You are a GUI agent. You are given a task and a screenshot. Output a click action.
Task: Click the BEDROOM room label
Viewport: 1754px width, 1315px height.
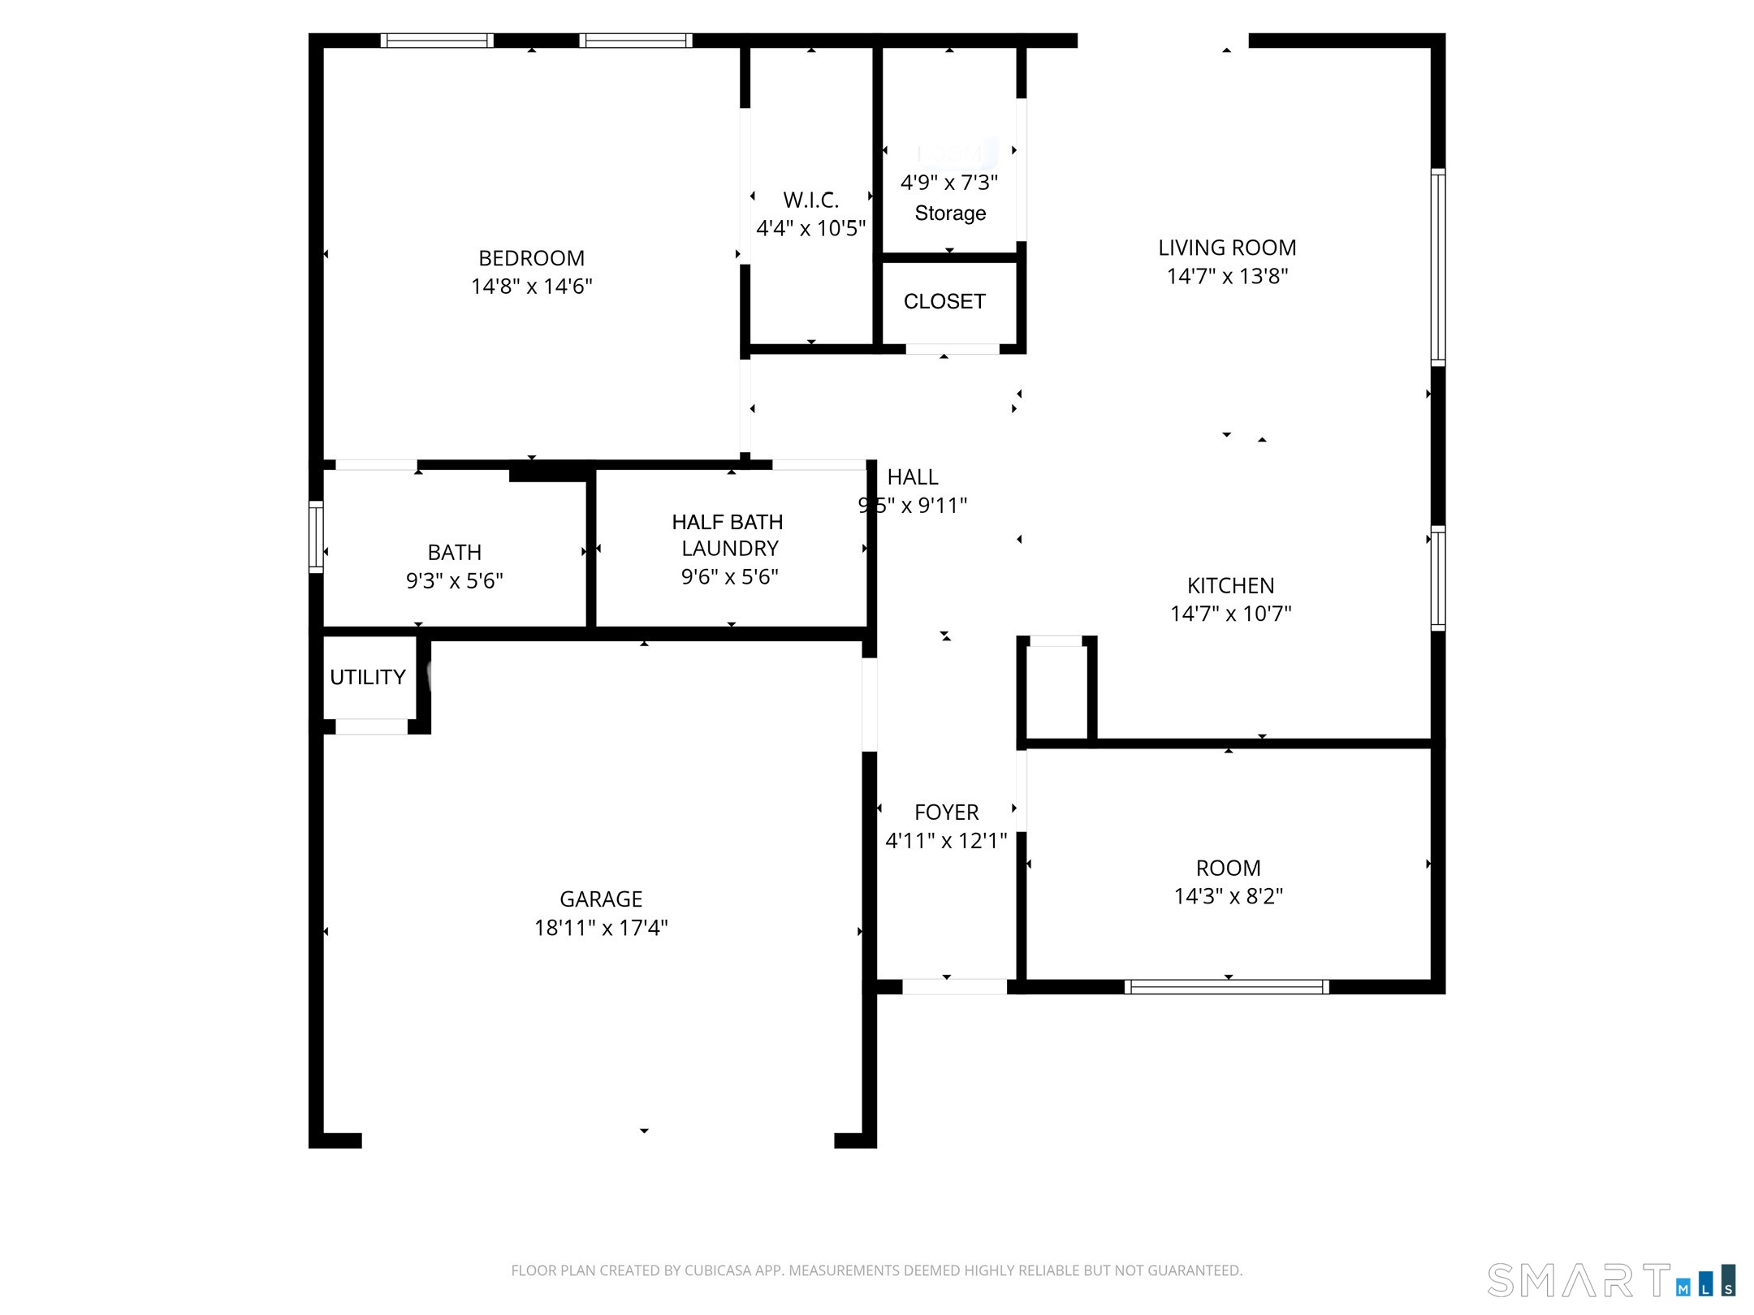coord(531,258)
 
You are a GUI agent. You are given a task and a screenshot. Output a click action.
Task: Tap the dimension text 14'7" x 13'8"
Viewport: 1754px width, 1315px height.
coord(1227,276)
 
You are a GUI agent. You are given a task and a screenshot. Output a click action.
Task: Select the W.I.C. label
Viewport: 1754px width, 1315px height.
coord(810,200)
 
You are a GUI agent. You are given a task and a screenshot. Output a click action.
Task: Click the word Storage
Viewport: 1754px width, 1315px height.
coord(950,213)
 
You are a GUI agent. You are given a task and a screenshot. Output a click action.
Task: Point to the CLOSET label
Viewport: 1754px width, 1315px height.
coord(944,301)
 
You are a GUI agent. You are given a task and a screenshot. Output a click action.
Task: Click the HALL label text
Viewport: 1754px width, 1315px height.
coord(912,477)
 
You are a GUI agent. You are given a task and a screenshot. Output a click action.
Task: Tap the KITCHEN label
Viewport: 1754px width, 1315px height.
coord(1230,585)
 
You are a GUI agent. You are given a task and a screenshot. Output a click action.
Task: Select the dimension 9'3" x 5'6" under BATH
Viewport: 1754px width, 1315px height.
coord(454,580)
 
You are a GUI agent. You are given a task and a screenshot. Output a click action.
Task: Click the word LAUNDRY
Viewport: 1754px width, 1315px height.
coord(729,549)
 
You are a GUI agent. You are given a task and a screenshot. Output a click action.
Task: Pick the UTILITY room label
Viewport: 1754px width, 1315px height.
coord(367,677)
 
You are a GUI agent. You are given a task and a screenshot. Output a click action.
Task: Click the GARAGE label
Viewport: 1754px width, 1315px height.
coord(601,899)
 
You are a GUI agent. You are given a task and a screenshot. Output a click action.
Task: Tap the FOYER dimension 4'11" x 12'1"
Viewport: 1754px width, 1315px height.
coord(945,840)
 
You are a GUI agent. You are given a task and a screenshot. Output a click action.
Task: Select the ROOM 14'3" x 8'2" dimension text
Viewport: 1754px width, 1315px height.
coord(1228,896)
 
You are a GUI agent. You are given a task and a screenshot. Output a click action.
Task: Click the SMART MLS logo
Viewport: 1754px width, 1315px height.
coord(1610,1281)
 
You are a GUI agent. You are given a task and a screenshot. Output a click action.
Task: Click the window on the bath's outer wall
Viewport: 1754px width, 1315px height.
coord(316,537)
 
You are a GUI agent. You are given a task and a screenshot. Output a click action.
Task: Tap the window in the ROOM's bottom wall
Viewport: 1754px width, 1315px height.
coord(1226,987)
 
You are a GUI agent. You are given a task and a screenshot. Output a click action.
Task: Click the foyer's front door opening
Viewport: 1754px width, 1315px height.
coord(954,987)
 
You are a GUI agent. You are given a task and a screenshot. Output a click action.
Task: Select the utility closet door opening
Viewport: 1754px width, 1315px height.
coord(371,727)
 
